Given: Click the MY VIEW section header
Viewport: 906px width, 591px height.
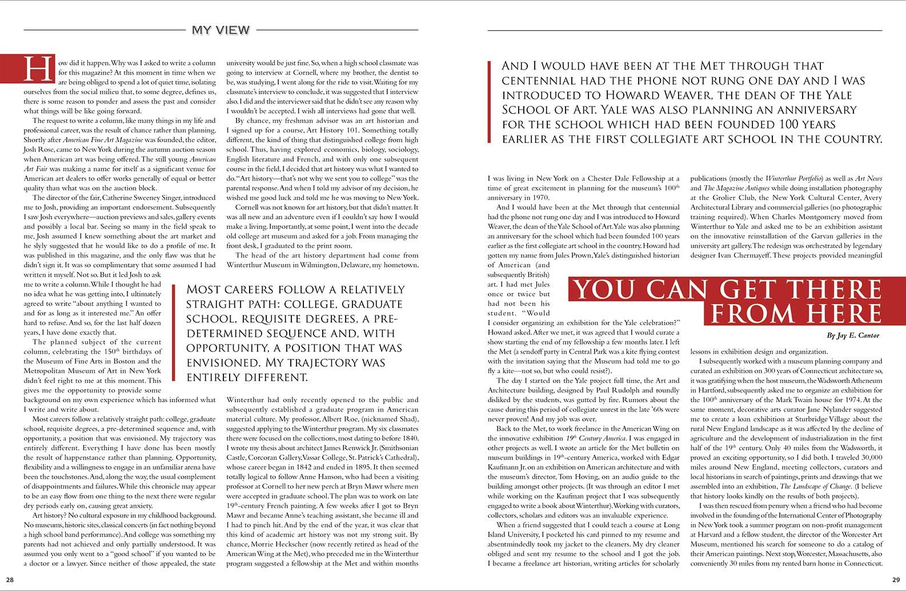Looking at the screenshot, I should pos(221,30).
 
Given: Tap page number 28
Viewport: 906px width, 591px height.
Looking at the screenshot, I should pos(10,581).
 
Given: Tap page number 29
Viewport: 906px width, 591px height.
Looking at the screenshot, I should pos(895,581).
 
